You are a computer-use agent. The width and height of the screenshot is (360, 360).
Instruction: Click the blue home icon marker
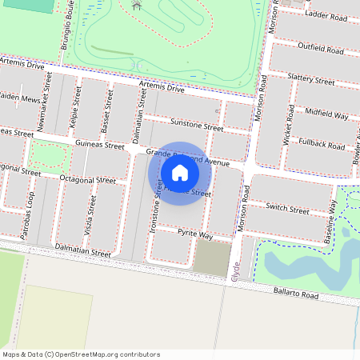coord(180,173)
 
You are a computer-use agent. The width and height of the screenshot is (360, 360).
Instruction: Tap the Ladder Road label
coord(324,14)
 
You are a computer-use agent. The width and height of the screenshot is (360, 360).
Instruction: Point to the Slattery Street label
coord(311,81)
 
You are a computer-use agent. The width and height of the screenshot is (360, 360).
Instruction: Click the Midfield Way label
coord(326,115)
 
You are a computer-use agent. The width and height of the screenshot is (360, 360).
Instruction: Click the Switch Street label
coord(287,210)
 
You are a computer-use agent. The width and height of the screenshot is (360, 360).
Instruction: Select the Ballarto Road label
coord(294,294)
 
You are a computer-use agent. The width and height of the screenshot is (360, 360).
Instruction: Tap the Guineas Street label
coord(99,145)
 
